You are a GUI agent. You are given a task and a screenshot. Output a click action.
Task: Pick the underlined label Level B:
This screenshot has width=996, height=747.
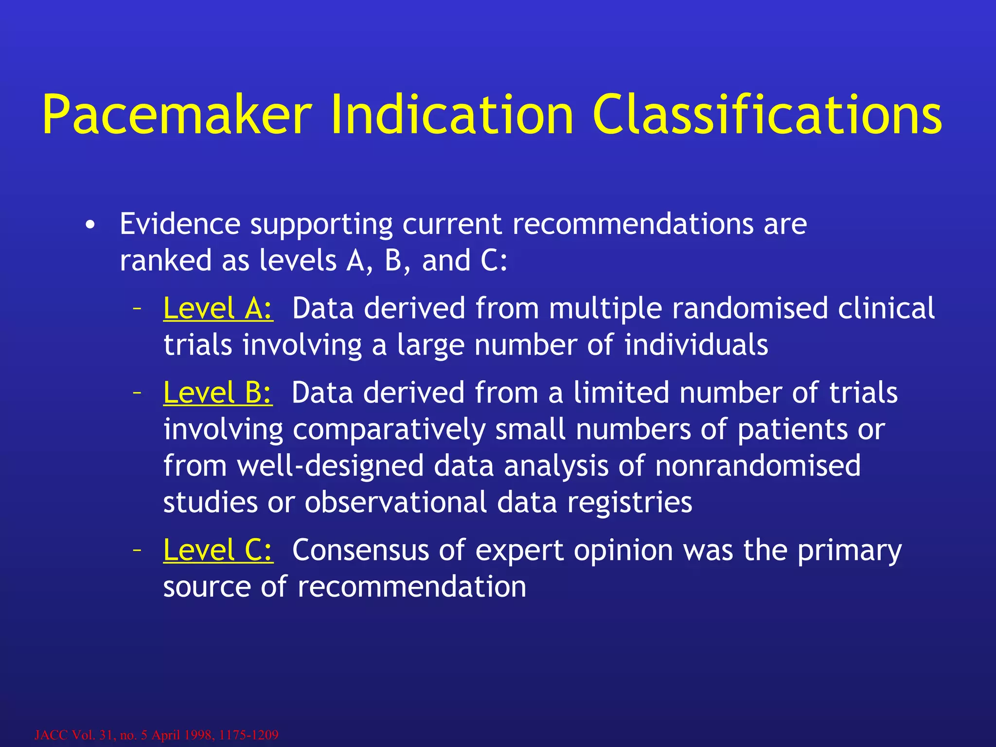coord(218,392)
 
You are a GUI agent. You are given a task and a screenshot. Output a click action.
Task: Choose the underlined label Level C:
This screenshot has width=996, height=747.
coord(218,550)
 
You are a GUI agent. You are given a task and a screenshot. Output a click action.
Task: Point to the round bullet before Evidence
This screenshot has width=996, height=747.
coord(89,225)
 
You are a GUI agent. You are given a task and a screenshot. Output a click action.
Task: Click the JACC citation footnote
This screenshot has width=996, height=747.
coord(157,734)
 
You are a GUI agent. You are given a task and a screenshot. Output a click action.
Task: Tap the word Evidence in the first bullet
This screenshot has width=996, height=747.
coord(180,224)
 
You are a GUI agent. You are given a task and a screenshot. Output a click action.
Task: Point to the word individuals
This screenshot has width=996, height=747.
coord(696,345)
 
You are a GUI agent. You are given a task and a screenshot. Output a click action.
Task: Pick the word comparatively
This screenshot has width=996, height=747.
coord(389,430)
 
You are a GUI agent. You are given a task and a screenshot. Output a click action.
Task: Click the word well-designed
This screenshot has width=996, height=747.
coord(330,465)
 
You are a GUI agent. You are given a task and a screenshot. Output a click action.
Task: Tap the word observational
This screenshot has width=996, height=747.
coord(395,502)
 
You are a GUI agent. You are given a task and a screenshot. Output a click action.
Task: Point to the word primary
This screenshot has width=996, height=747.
coord(849,551)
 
